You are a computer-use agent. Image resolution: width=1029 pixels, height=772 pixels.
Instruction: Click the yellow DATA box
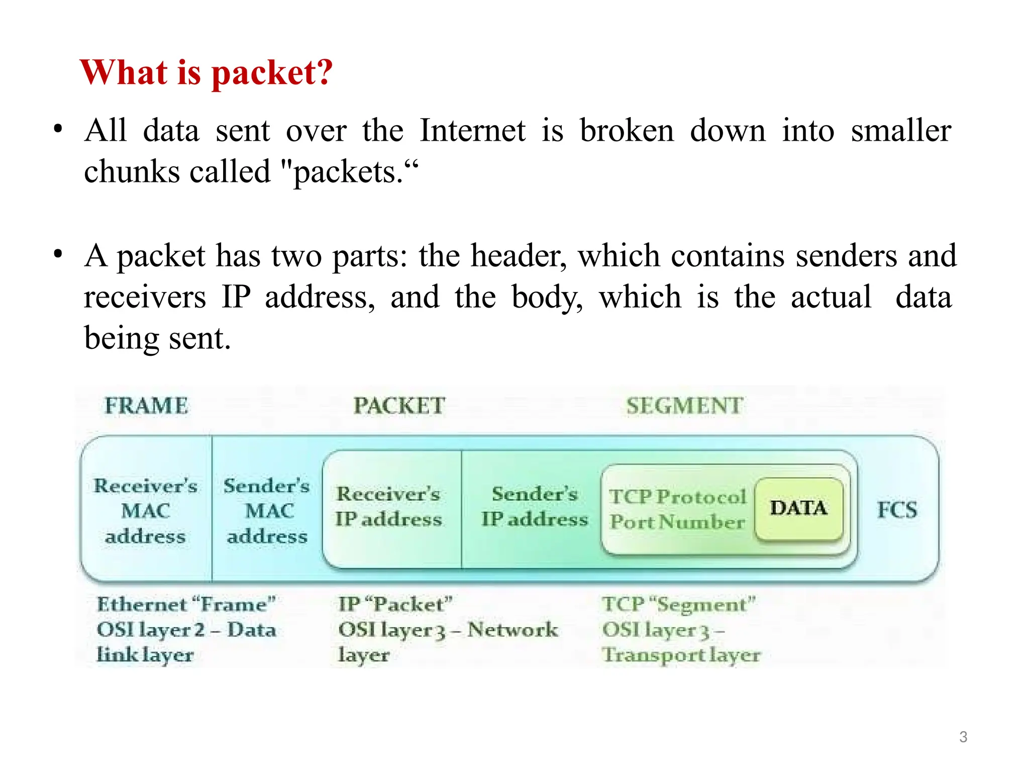click(x=798, y=508)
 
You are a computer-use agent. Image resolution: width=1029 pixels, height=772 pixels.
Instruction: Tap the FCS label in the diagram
click(x=897, y=510)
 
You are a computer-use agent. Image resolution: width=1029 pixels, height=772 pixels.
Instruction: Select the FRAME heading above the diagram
click(x=146, y=406)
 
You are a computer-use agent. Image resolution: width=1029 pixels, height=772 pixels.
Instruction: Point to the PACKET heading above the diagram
click(x=399, y=406)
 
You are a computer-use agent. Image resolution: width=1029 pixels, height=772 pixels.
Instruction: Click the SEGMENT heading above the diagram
click(x=684, y=406)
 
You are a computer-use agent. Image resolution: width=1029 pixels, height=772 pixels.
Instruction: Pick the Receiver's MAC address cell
click(x=146, y=511)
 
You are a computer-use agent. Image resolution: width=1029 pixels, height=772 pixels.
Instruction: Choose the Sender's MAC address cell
click(x=267, y=511)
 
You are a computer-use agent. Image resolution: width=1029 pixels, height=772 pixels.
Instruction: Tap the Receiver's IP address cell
click(x=389, y=507)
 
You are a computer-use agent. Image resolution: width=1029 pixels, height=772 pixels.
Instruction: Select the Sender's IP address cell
click(x=535, y=507)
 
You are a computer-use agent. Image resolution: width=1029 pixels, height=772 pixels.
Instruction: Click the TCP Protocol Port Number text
click(x=677, y=509)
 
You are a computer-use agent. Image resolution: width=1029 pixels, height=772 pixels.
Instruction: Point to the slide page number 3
click(x=963, y=737)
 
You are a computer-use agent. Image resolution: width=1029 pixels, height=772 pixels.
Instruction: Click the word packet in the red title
click(x=271, y=73)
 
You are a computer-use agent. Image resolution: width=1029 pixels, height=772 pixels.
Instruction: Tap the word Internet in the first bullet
click(x=472, y=131)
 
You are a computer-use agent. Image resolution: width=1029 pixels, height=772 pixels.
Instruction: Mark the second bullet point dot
click(x=58, y=254)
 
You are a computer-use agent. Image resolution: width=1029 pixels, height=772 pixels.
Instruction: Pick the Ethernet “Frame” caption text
click(x=186, y=604)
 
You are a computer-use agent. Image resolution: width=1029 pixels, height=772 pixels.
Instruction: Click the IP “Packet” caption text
click(x=395, y=604)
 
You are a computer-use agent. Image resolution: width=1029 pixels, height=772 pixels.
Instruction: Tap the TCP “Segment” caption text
click(x=679, y=604)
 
